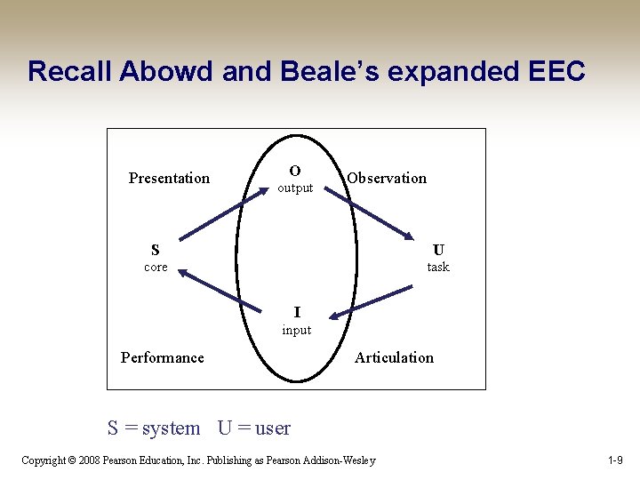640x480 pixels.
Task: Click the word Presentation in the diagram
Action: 169,178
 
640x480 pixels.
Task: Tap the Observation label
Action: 387,178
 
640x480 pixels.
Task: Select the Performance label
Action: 162,357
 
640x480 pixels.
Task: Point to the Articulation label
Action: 394,357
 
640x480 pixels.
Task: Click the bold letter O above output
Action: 294,171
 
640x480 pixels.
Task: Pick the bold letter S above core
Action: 156,250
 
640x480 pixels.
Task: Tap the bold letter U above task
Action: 438,250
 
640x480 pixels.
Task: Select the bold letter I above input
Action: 297,312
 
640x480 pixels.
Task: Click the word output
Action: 295,188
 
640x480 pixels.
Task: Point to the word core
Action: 156,267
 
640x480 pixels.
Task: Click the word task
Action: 438,267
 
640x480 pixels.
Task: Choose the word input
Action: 297,330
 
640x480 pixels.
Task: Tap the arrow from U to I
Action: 372,300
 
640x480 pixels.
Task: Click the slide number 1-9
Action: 614,460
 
